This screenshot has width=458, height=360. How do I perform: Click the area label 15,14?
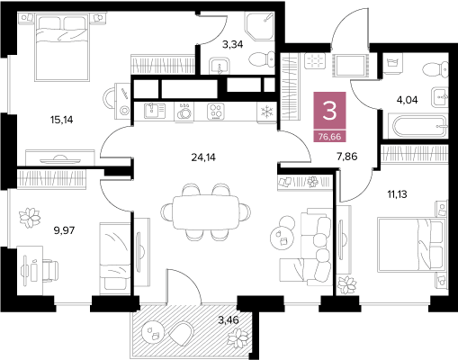click(x=62, y=120)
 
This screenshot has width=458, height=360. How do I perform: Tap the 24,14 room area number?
click(x=203, y=157)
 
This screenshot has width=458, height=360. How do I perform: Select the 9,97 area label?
click(x=64, y=230)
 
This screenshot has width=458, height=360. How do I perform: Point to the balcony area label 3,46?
click(x=229, y=320)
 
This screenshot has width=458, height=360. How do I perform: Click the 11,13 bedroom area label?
click(x=398, y=194)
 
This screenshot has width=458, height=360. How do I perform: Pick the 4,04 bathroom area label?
click(x=408, y=100)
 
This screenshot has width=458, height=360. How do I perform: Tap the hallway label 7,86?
click(x=347, y=157)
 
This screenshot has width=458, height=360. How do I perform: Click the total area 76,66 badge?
click(x=329, y=137)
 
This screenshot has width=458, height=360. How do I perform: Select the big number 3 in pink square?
click(x=329, y=111)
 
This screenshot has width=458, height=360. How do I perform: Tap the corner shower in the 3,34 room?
click(x=260, y=26)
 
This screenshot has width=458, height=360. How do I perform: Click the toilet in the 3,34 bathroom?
click(x=262, y=58)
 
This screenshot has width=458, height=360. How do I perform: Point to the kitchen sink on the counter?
click(x=155, y=111)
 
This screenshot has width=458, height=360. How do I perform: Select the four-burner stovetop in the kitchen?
click(x=216, y=112)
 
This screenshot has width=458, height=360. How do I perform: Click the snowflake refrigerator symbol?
click(x=266, y=112)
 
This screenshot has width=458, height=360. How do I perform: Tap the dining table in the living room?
click(x=205, y=212)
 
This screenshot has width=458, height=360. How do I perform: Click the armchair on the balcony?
click(x=181, y=333)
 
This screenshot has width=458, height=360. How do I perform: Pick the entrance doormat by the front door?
click(x=350, y=65)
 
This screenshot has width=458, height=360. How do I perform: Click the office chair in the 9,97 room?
click(x=49, y=271)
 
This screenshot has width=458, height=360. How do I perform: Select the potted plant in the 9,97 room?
click(x=30, y=218)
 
